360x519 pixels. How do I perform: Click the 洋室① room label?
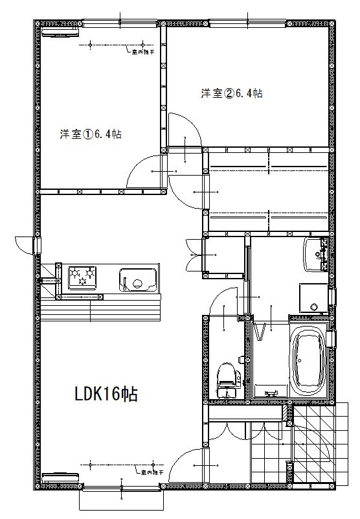[x=91, y=135]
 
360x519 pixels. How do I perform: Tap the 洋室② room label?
[x=231, y=93]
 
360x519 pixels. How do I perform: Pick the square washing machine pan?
[x=314, y=298]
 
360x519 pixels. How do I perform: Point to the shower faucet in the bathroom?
[x=271, y=392]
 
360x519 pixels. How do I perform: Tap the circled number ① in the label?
[x=88, y=135]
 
